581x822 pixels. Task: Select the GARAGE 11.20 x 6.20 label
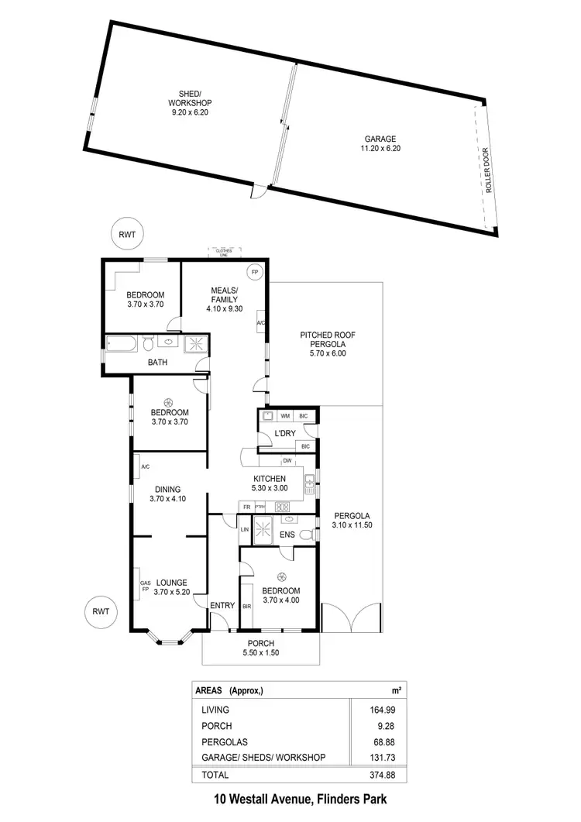pos(380,143)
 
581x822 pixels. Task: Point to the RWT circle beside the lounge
pos(100,610)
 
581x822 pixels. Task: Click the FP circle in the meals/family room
pos(254,272)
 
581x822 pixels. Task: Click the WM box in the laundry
pos(284,417)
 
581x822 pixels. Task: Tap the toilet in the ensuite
pos(307,533)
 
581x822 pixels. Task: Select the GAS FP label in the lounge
pos(144,586)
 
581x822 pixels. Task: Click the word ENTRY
pos(222,606)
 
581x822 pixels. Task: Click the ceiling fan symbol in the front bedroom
pos(280,576)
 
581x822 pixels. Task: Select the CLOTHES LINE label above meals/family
pos(224,252)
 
